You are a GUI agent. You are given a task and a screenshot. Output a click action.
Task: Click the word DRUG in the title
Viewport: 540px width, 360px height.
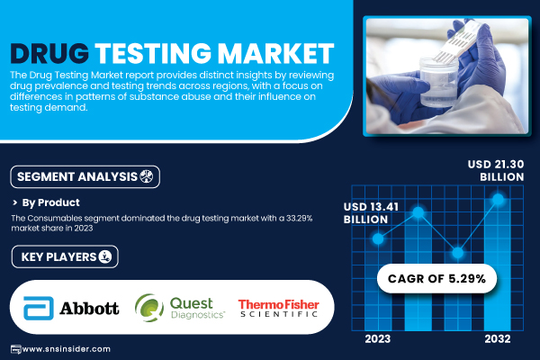click(x=49, y=53)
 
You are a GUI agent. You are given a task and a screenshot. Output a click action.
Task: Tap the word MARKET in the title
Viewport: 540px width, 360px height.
click(x=276, y=53)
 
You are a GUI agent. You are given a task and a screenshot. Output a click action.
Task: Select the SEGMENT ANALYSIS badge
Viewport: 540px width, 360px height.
click(x=85, y=176)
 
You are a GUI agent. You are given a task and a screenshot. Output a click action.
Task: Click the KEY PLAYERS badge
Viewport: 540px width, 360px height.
click(x=65, y=256)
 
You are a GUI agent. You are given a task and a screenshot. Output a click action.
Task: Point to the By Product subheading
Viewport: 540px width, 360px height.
click(x=50, y=202)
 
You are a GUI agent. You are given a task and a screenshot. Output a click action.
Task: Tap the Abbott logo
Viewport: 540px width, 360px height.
click(x=71, y=308)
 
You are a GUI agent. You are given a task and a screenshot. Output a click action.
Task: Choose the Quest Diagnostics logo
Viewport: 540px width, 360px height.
click(x=180, y=308)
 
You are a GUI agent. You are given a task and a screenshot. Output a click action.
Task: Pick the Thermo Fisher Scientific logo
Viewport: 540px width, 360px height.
click(x=278, y=308)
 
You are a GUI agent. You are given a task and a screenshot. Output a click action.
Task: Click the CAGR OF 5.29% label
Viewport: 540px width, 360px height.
click(x=436, y=278)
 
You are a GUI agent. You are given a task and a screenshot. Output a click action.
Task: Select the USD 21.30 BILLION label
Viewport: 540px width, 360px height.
click(x=496, y=170)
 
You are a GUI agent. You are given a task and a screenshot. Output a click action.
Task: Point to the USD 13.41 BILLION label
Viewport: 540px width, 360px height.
click(x=371, y=213)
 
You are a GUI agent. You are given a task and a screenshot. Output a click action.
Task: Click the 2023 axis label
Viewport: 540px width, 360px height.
click(x=378, y=338)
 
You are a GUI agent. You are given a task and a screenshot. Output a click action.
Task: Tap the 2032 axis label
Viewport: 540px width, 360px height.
click(x=498, y=338)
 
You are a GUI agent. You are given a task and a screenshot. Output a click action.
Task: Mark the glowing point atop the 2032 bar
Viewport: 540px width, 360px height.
click(x=498, y=199)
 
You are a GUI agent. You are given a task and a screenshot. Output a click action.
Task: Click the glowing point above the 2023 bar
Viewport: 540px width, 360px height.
click(x=378, y=238)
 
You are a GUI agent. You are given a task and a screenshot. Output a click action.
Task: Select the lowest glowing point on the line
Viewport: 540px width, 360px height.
click(x=458, y=253)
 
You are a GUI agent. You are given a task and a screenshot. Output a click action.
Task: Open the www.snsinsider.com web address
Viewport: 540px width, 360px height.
click(x=66, y=349)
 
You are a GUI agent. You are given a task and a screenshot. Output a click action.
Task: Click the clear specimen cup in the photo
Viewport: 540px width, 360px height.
click(x=438, y=82)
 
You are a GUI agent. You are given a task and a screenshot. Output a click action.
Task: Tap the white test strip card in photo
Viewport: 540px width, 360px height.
click(x=454, y=42)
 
